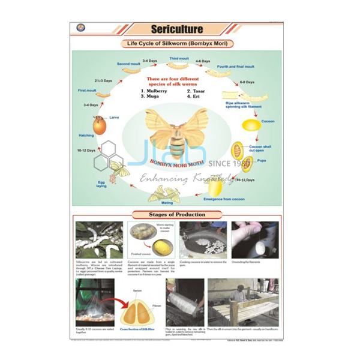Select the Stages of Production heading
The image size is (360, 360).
(x=176, y=214)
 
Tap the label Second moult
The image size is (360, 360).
(x=128, y=64)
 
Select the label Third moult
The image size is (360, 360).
(x=178, y=59)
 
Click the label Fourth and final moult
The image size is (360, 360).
(x=235, y=67)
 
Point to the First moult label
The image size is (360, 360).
(x=88, y=91)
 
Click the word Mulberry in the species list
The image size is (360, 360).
(x=157, y=91)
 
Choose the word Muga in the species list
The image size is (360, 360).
(x=152, y=96)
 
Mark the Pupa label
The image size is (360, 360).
(x=261, y=161)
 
